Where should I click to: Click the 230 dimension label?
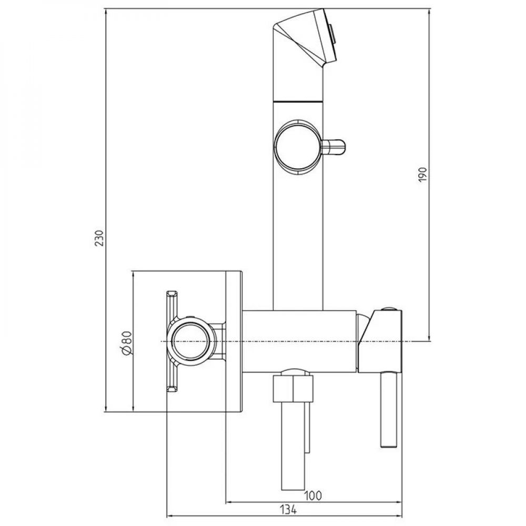coord(99,238)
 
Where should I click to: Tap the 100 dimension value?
coord(312,495)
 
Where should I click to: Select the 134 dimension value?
coord(288,510)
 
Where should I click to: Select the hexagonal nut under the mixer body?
coord(293,388)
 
